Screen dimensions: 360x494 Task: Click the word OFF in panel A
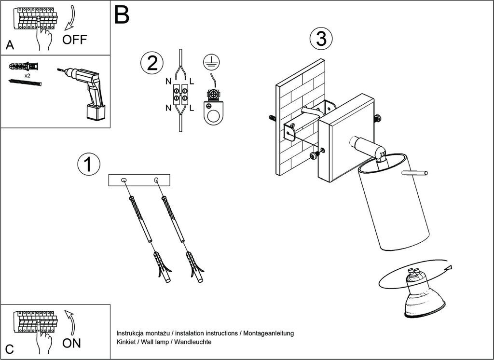click(x=75, y=40)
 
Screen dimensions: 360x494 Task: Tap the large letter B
click(x=122, y=15)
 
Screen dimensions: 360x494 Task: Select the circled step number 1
click(x=88, y=165)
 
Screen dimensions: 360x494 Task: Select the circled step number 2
click(x=152, y=63)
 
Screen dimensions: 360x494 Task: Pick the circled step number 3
click(x=321, y=39)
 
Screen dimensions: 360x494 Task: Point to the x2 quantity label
click(x=27, y=76)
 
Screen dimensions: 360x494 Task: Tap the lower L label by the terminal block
click(x=192, y=108)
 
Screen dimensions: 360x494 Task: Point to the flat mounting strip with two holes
click(x=140, y=180)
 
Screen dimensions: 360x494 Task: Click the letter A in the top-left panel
click(x=10, y=46)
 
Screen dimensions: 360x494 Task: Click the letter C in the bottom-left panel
click(x=10, y=349)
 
